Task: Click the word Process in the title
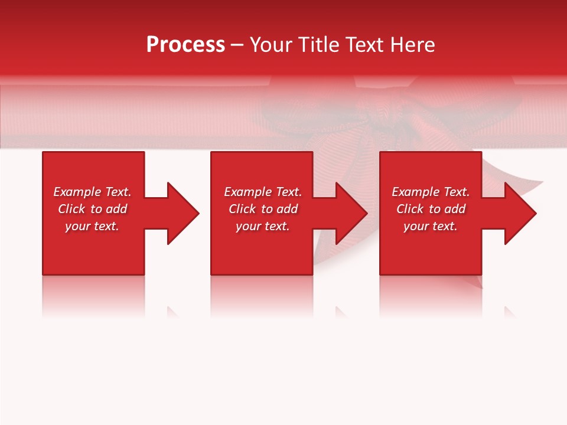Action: pos(185,45)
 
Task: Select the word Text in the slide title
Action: pos(366,45)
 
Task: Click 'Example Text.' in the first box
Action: pos(92,192)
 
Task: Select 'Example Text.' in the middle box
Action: pos(263,192)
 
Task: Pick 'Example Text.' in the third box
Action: pos(431,192)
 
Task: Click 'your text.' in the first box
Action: pos(92,226)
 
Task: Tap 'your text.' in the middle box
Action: pos(263,226)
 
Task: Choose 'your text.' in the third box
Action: pos(431,226)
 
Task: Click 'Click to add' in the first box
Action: pos(92,209)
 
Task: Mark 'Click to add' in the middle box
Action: pos(263,209)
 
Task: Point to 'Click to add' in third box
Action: pos(431,209)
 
